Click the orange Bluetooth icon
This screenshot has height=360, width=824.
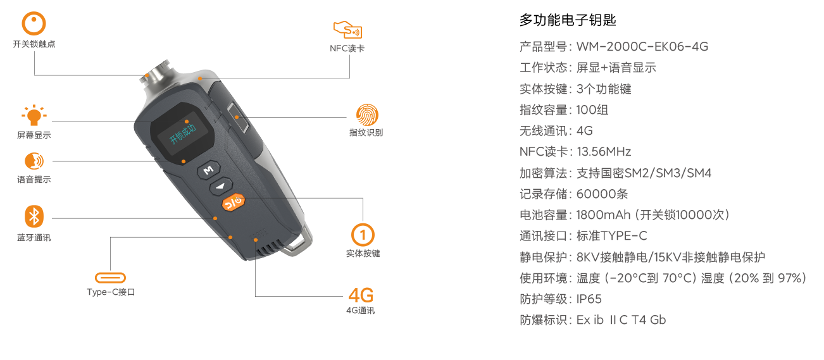tap(34, 216)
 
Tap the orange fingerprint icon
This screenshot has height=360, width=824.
tap(367, 115)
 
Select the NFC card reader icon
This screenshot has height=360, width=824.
tap(347, 30)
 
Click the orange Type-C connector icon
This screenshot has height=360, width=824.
tap(110, 278)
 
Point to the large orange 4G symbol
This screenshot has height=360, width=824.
tap(361, 295)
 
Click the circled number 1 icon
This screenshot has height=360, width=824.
tap(363, 235)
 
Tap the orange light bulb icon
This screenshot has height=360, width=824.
tap(34, 115)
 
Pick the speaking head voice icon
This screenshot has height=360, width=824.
tap(34, 161)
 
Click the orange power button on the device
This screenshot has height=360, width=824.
tap(234, 202)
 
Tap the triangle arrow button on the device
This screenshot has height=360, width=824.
tap(221, 186)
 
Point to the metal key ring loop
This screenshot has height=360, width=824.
tap(297, 243)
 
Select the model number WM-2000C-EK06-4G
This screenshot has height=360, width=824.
tap(642, 47)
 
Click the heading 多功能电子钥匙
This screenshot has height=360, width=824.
tap(568, 20)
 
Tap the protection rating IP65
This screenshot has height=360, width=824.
tap(589, 299)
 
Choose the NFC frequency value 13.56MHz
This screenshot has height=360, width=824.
tap(604, 151)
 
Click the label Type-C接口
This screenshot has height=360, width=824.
tap(111, 292)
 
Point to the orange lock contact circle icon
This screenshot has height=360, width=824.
tap(34, 23)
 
